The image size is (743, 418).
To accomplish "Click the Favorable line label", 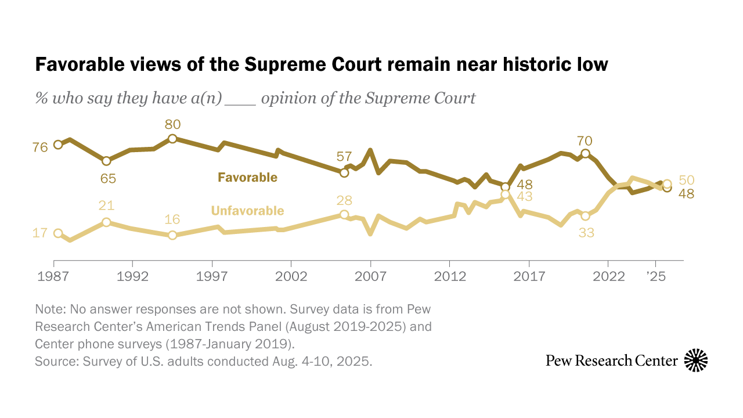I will click(247, 178).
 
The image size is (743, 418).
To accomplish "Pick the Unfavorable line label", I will click(247, 211).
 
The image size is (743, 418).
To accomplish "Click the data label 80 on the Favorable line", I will click(172, 124).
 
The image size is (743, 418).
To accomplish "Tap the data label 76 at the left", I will click(40, 147).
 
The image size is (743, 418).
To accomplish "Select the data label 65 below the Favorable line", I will click(109, 178).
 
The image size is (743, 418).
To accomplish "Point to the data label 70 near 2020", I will click(585, 140).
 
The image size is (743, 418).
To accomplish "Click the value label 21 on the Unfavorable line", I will click(106, 206).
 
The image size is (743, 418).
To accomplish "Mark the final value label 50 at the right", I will click(687, 181).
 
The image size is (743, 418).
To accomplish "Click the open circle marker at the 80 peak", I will click(172, 139).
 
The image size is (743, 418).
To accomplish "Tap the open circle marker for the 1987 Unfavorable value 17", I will click(58, 233).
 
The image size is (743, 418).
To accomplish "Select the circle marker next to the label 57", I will click(344, 172).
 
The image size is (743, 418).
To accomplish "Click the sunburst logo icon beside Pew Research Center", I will click(696, 361).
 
